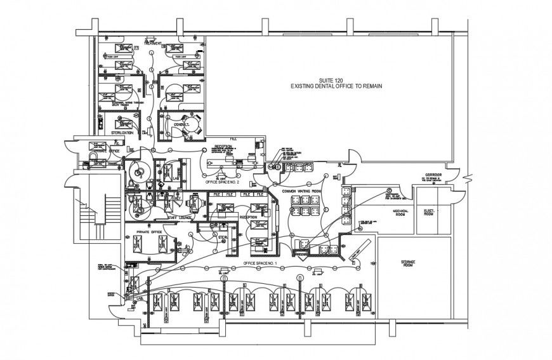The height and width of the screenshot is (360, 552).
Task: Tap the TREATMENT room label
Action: click(153, 44)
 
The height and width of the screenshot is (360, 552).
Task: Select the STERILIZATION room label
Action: click(122, 133)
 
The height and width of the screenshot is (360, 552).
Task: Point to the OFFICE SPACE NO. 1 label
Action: click(259, 262)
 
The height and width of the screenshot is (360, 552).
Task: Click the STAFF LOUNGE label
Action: click(180, 217)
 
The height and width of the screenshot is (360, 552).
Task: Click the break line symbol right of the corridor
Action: click(468, 176)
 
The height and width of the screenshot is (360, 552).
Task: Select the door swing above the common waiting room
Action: click(351, 156)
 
